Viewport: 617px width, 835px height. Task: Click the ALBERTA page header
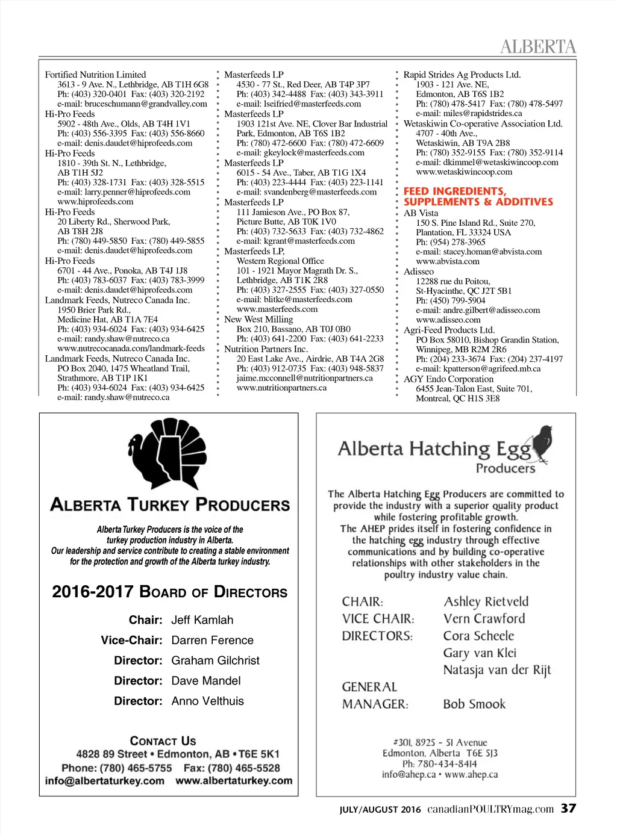click(x=537, y=46)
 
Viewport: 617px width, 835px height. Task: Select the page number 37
click(x=568, y=809)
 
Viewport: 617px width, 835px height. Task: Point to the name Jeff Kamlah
click(x=202, y=620)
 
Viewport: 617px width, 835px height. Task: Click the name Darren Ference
click(x=212, y=641)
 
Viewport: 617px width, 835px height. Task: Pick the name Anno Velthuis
click(x=207, y=701)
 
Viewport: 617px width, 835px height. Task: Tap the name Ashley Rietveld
click(x=486, y=601)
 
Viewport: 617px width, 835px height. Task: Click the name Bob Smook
click(x=474, y=704)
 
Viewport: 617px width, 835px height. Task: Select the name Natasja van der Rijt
click(x=497, y=670)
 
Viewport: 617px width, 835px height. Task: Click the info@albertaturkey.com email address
click(x=104, y=781)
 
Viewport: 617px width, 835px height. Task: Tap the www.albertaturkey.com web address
click(x=234, y=781)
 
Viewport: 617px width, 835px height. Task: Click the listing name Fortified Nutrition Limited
click(x=95, y=75)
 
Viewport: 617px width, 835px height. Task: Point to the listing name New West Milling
click(x=258, y=319)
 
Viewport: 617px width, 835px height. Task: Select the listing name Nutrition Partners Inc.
click(x=266, y=349)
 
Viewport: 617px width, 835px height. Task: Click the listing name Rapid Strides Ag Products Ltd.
click(x=462, y=75)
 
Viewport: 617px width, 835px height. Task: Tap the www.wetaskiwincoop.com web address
click(x=464, y=172)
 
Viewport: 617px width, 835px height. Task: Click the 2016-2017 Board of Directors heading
click(x=169, y=592)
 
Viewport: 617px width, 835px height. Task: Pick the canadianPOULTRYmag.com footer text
click(x=490, y=809)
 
